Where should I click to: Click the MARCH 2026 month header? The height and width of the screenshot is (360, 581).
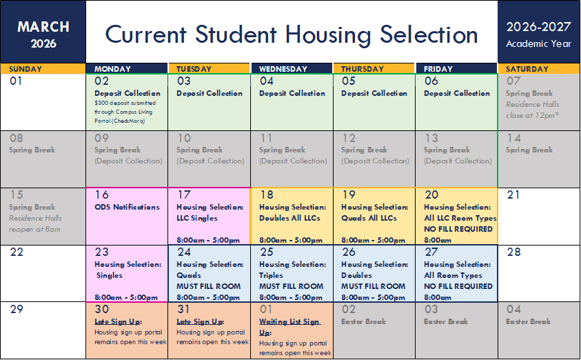click(43, 34)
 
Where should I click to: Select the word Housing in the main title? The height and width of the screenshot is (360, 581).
click(328, 36)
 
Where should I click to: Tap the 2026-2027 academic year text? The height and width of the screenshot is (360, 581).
click(539, 27)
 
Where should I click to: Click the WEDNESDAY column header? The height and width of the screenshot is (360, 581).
click(283, 69)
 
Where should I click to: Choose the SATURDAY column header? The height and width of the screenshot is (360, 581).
click(527, 69)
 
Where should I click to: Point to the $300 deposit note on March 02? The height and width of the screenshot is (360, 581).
click(125, 112)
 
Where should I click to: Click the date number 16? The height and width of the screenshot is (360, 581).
click(101, 194)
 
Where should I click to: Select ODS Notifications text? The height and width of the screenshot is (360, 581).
click(127, 207)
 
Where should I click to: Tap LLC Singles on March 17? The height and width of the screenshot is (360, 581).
click(196, 218)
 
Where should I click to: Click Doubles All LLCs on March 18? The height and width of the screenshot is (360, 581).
click(289, 218)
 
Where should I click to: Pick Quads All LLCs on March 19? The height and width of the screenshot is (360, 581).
click(369, 218)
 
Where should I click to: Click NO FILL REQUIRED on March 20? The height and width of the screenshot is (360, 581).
click(458, 229)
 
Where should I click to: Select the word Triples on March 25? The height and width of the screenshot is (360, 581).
click(271, 275)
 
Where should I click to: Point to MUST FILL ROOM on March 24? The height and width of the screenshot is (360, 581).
click(209, 286)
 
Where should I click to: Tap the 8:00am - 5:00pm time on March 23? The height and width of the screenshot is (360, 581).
click(126, 297)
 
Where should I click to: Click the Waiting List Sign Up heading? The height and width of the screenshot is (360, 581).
click(289, 327)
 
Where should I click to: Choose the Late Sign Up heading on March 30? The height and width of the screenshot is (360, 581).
click(119, 321)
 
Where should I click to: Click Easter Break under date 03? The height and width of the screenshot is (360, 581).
click(446, 321)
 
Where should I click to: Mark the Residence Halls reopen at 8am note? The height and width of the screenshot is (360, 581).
click(35, 223)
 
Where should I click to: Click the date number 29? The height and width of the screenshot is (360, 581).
click(17, 309)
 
